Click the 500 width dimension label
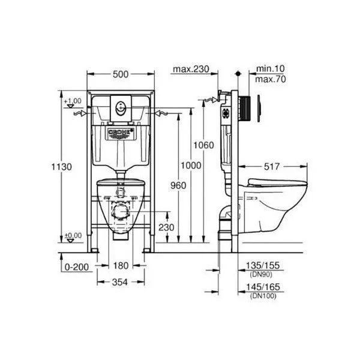[121, 74]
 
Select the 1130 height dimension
[62, 167]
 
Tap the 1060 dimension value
[203, 145]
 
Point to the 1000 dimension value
[191, 166]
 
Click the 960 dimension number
[178, 185]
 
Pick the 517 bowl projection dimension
[272, 167]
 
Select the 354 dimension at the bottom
[120, 283]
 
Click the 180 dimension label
[121, 266]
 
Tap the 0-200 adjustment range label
[77, 267]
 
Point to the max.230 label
[191, 69]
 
